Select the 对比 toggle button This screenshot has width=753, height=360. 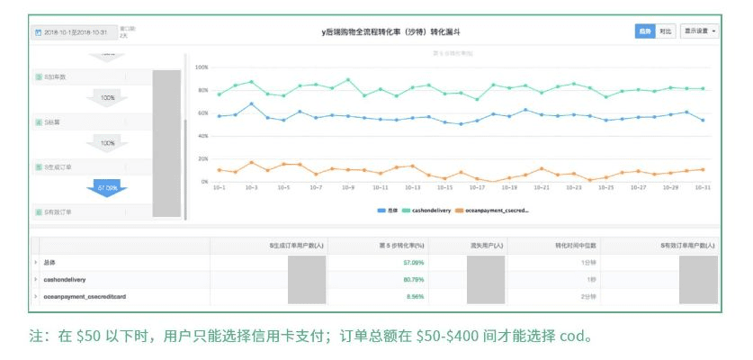pyautogui.click(x=665, y=31)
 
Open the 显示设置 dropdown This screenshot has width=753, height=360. pyautogui.click(x=700, y=31)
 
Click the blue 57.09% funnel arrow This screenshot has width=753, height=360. pyautogui.click(x=108, y=189)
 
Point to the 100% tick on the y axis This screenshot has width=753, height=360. pyautogui.click(x=202, y=67)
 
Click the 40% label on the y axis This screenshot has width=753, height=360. pyautogui.click(x=202, y=136)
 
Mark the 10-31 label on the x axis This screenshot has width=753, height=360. pyautogui.click(x=703, y=188)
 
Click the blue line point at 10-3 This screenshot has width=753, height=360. pyautogui.click(x=251, y=104)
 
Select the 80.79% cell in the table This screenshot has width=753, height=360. pyautogui.click(x=413, y=280)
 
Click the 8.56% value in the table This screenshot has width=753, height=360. pyautogui.click(x=415, y=295)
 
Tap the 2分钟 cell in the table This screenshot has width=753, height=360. pyautogui.click(x=564, y=295)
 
